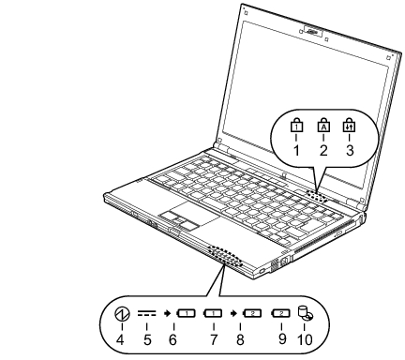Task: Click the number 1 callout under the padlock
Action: point(296,151)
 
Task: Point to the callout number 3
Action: point(350,151)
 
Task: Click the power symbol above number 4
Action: point(122,314)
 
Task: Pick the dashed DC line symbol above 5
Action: point(146,313)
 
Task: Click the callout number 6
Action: point(172,339)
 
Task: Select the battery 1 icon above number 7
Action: point(213,313)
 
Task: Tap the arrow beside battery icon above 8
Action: point(232,313)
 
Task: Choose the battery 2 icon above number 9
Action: point(280,313)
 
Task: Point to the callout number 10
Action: point(305,339)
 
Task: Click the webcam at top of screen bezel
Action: point(313,32)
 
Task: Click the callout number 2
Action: point(323,151)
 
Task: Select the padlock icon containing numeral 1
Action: point(296,126)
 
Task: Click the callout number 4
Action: point(120,339)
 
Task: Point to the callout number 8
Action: point(240,339)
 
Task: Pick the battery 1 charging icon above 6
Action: point(186,313)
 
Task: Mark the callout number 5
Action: point(147,339)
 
